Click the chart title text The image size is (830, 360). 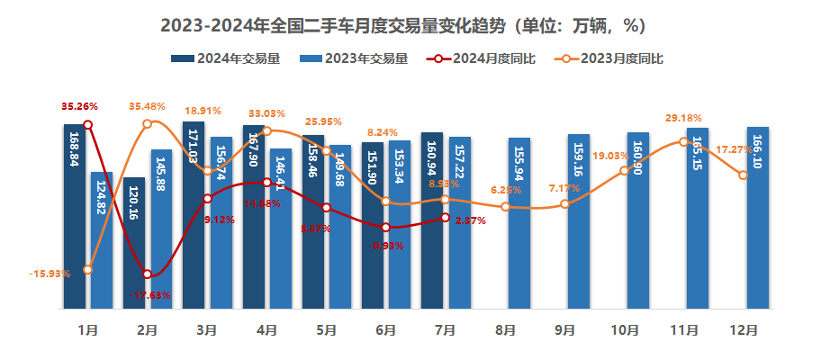415,25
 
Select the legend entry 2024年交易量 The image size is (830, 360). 225,59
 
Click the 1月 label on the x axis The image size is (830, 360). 88,330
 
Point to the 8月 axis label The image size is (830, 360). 504,330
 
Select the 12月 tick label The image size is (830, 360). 744,330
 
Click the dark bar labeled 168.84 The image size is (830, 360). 75,216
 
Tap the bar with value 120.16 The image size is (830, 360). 134,243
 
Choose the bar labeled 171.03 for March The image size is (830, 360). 194,216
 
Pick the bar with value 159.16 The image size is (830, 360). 579,221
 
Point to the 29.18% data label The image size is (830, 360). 683,118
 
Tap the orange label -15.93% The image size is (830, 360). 50,274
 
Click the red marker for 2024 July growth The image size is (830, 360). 445,217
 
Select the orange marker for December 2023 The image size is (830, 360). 743,175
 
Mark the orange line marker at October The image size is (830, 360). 624,170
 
